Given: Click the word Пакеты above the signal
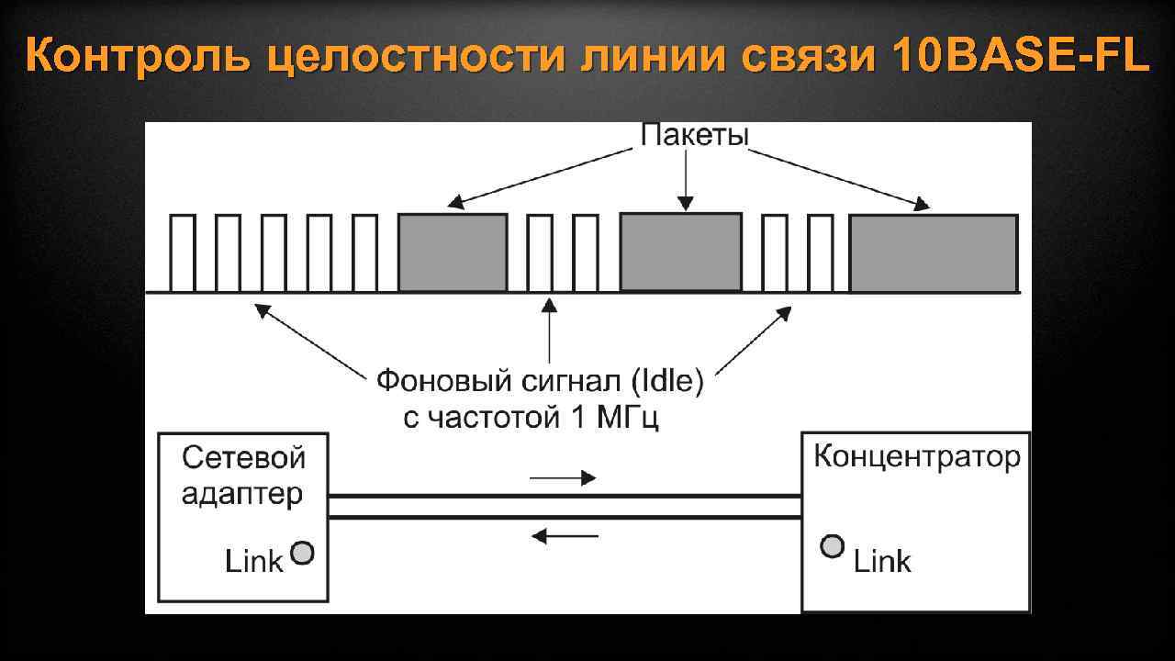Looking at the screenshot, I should pos(694,136).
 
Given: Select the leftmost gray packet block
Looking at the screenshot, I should pos(453,252).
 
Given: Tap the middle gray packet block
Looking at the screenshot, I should pos(681,252).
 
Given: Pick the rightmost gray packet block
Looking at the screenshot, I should pos(934,253).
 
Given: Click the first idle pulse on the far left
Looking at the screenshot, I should pos(183,253).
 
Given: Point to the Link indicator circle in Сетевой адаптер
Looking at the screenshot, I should pos(302,553).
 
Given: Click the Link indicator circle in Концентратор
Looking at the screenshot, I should pos(832,547).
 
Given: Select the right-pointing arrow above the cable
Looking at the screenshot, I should pos(563,477).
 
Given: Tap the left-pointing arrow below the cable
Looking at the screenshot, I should pos(565,535).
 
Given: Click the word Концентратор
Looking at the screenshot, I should pos(917,456).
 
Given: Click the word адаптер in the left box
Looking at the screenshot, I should pos(241,495).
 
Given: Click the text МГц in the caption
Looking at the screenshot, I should pos(630,418).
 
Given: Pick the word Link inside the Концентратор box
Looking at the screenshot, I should pos(882,561).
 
